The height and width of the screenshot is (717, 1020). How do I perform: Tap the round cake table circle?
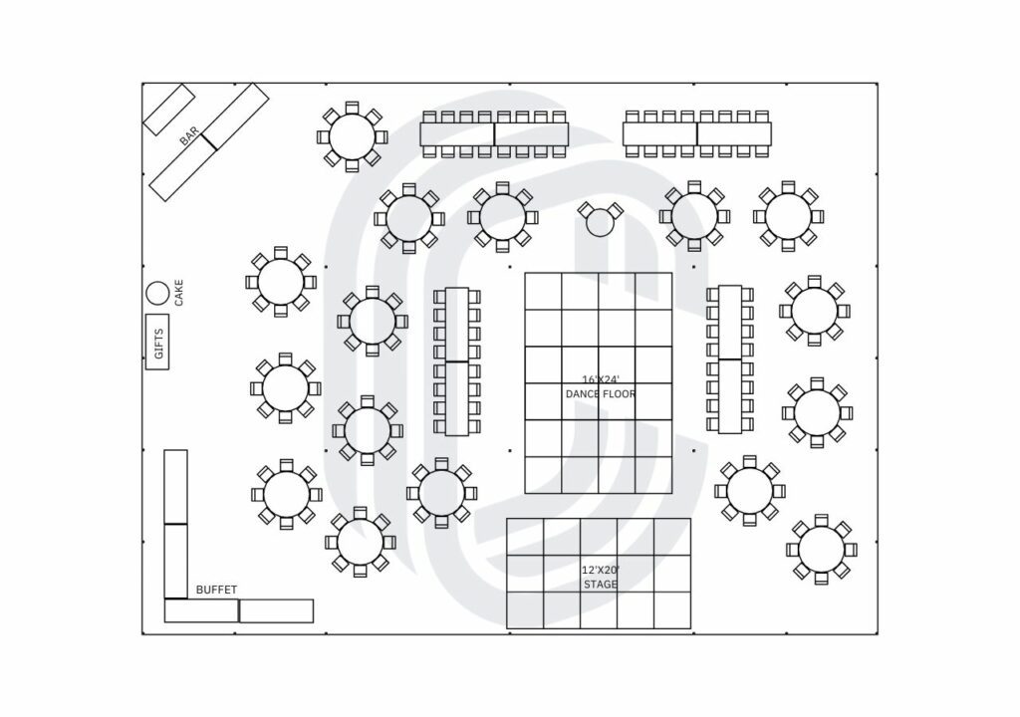click(x=157, y=293)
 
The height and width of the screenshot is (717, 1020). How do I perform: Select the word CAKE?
click(x=179, y=292)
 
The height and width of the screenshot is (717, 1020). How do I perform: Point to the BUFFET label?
click(x=216, y=590)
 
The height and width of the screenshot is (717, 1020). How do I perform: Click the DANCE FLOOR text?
click(x=600, y=394)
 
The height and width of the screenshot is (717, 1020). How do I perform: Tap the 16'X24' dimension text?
click(x=600, y=378)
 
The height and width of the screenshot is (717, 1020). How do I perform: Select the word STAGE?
click(x=600, y=585)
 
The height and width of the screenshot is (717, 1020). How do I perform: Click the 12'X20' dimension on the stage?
click(x=600, y=570)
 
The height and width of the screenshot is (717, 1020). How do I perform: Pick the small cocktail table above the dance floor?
click(x=599, y=222)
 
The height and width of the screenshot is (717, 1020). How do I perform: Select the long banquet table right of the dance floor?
click(x=730, y=358)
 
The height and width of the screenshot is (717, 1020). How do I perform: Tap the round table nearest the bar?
click(x=352, y=136)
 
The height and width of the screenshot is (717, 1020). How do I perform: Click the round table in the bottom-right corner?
click(x=821, y=549)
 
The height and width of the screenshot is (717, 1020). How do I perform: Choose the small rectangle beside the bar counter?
click(x=169, y=110)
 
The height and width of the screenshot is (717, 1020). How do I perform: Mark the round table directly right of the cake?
click(x=281, y=282)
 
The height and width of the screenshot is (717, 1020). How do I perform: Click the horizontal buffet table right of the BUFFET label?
click(x=277, y=610)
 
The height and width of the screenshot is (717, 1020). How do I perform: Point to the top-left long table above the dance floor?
click(x=494, y=133)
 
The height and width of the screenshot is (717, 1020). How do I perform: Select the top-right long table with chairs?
click(x=698, y=133)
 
